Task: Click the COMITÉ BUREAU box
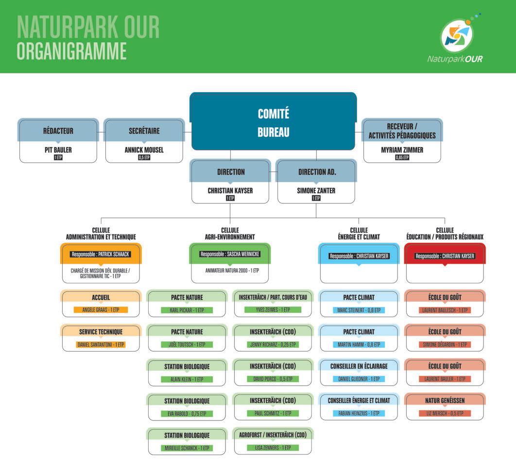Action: [273, 121]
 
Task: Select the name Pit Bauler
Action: [58, 150]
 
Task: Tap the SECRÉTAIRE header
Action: [144, 131]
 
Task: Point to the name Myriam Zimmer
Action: [402, 150]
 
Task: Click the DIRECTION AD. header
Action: [317, 172]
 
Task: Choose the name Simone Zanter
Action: [316, 191]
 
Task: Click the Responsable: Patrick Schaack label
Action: [101, 254]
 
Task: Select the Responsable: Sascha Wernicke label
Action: [229, 254]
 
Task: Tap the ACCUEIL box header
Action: [101, 297]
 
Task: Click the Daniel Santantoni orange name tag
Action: [101, 344]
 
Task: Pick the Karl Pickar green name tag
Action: [187, 310]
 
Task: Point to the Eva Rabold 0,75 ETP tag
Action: [187, 414]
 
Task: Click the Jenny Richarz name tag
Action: [272, 344]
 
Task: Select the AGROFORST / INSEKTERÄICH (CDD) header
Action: [273, 435]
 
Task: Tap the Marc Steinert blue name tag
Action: [359, 310]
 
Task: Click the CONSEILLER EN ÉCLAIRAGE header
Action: [359, 366]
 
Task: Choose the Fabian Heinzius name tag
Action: [359, 413]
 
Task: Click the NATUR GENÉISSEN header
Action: [444, 401]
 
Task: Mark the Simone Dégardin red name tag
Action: [444, 344]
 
